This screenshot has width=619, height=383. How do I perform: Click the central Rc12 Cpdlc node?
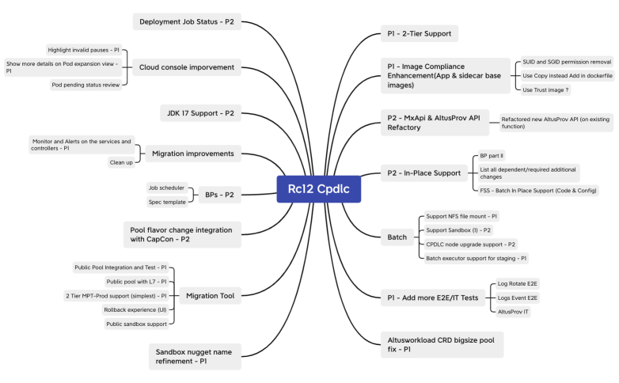click(318, 190)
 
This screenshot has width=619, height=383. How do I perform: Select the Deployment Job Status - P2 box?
click(186, 21)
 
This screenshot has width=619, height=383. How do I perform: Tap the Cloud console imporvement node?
click(188, 67)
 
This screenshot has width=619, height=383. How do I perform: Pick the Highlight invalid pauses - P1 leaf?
click(83, 49)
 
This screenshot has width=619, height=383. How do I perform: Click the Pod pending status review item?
click(85, 85)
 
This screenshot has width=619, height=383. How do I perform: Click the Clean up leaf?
click(120, 162)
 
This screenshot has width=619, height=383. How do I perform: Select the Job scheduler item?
click(166, 188)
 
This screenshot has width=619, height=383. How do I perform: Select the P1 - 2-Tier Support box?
click(419, 33)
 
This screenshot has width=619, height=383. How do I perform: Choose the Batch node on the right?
click(397, 237)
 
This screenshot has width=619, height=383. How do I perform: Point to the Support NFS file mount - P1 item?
click(461, 215)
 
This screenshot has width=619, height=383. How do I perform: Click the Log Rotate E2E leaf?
click(518, 283)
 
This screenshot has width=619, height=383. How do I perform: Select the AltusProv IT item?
click(513, 311)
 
